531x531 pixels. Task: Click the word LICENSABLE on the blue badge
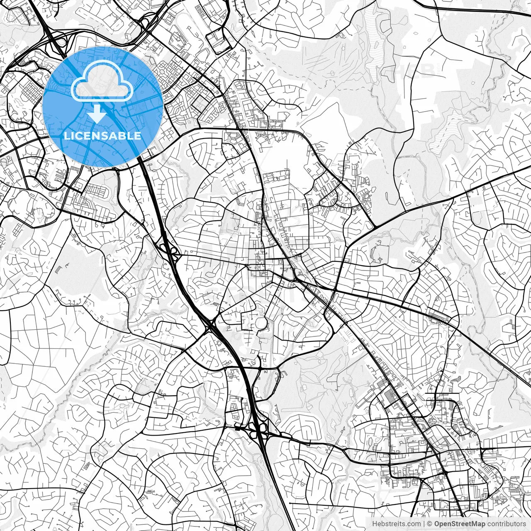[102, 136]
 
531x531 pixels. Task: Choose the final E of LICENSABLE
[138, 136]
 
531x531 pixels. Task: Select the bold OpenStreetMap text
[460, 524]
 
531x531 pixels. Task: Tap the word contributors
[506, 524]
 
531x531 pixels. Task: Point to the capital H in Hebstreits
[375, 524]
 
